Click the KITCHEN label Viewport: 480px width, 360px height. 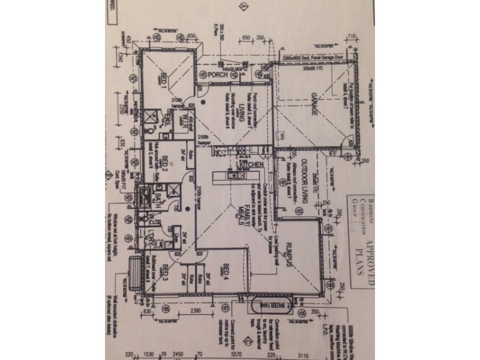coord(252,164)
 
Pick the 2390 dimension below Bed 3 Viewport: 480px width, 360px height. coord(191,312)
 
